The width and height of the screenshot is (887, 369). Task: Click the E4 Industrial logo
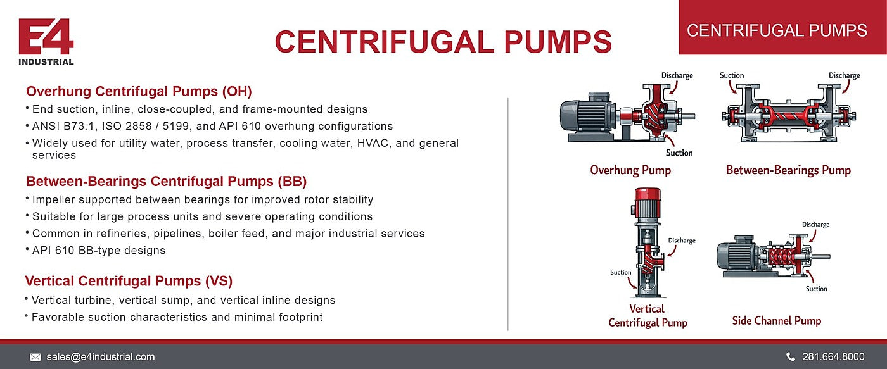click(x=46, y=42)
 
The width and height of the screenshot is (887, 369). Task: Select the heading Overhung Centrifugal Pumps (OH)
click(x=139, y=91)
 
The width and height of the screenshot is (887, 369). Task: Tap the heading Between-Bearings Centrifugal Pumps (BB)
click(x=166, y=181)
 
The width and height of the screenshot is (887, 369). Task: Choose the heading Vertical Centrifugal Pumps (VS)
click(x=129, y=281)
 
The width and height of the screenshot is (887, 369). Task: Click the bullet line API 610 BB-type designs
click(x=99, y=251)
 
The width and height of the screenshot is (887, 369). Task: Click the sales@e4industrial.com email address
click(x=101, y=357)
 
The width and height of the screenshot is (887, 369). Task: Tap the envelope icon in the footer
click(x=35, y=357)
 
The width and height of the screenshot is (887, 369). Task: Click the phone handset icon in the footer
click(x=791, y=357)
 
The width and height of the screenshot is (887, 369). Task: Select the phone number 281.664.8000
click(x=834, y=357)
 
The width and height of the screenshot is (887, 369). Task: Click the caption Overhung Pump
click(x=630, y=170)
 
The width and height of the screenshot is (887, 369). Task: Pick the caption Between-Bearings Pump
click(x=788, y=170)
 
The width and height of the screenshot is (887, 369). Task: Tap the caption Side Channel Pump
click(x=777, y=320)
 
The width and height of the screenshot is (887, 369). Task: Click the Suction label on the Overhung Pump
click(x=679, y=153)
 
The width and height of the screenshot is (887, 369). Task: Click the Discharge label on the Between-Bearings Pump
click(x=844, y=75)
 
